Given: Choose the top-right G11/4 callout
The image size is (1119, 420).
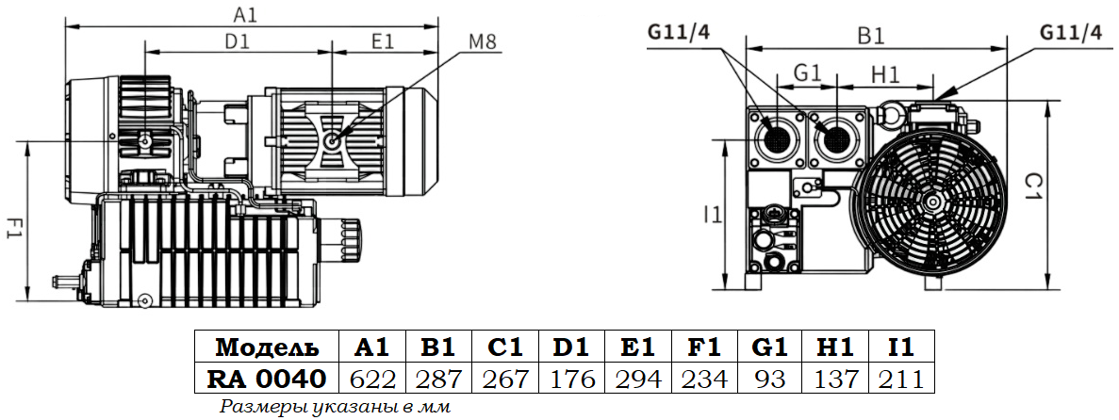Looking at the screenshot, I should [1070, 32].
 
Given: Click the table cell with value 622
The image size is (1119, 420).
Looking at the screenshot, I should [372, 379].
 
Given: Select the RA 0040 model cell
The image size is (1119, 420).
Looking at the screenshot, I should [266, 379].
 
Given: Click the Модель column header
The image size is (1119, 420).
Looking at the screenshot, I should [266, 347].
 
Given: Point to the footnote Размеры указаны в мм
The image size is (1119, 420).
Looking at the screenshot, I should [336, 407].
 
